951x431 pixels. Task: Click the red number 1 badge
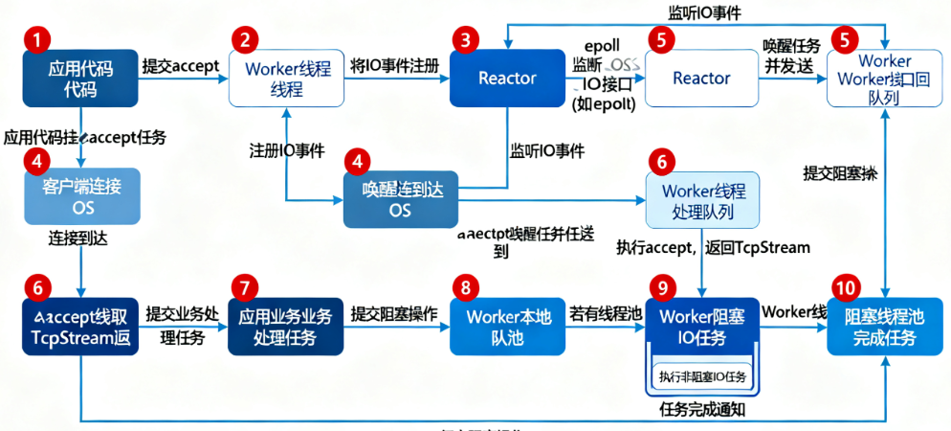[x=36, y=40]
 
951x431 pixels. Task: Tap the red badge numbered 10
[x=845, y=286]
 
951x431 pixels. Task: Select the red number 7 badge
[x=245, y=286]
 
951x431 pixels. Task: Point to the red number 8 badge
[x=465, y=286]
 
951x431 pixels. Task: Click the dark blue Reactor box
[x=507, y=79]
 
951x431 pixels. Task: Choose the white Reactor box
[x=701, y=79]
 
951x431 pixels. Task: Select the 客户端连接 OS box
[x=82, y=195]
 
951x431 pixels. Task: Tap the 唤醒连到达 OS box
[x=400, y=199]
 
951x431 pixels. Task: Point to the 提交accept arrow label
[x=181, y=66]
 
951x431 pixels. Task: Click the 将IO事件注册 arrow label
[x=394, y=66]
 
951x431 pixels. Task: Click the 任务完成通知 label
[x=703, y=410]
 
